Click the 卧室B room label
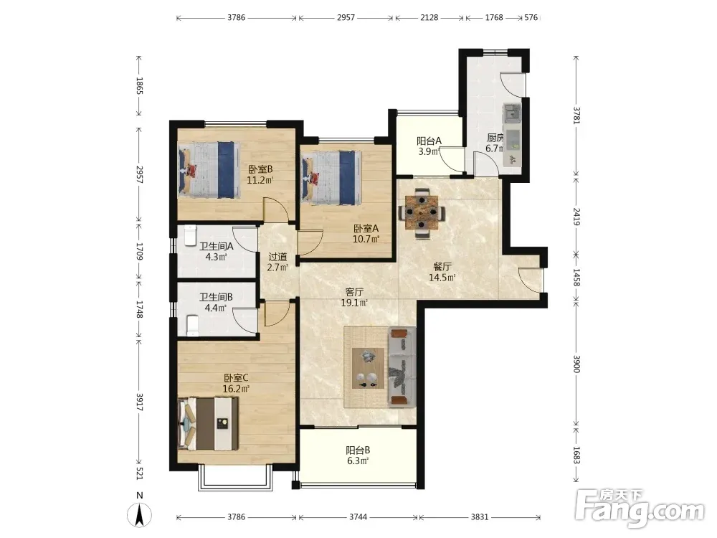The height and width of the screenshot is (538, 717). point(261,169)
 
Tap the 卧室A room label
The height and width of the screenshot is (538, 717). point(366,228)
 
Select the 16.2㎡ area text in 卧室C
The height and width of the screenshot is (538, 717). point(236,390)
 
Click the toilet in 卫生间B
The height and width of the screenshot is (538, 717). point(192,325)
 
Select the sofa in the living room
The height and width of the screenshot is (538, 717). point(402,367)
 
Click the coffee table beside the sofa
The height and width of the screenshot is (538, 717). point(368,368)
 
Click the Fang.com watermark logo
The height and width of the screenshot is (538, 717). point(640,507)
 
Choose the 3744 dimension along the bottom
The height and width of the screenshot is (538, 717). point(358,517)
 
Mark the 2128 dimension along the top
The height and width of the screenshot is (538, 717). point(429,18)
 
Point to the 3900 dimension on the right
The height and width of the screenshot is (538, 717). point(576,364)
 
